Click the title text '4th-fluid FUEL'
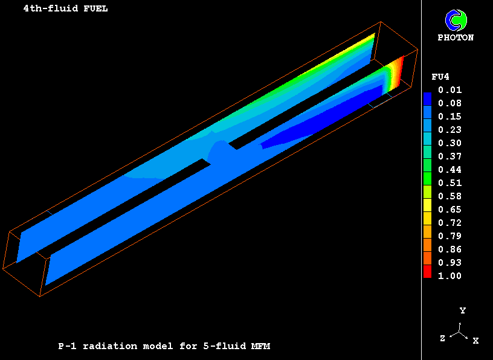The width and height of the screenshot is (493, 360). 65,8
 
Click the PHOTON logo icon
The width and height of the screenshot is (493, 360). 456,21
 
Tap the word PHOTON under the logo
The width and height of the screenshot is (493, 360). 456,37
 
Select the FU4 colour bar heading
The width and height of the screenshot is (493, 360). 440,77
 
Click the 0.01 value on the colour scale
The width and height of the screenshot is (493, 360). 450,90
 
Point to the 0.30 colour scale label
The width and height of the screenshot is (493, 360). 450,143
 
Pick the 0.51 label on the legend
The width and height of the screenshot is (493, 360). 450,183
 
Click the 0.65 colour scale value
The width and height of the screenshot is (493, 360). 450,210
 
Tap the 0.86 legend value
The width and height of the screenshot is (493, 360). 450,249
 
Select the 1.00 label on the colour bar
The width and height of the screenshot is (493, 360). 450,276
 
